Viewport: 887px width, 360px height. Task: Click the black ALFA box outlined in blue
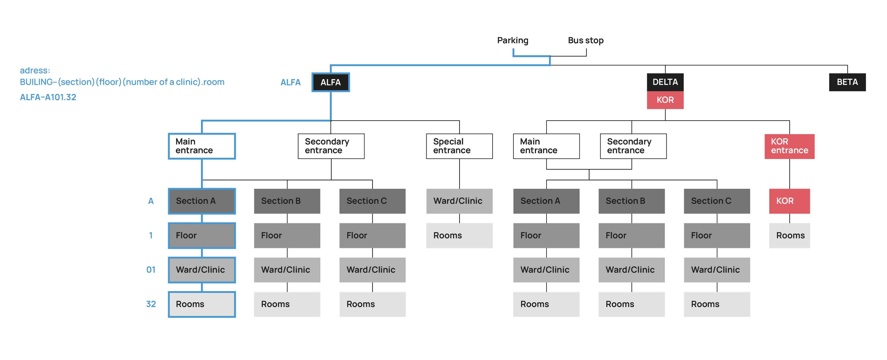[x=330, y=82]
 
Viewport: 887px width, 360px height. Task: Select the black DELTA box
[x=665, y=82]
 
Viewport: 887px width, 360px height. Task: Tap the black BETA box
[x=847, y=82]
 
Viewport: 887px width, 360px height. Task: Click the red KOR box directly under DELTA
[x=665, y=100]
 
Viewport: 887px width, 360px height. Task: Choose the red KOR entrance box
[x=789, y=146]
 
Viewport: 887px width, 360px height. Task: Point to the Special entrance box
[x=459, y=146]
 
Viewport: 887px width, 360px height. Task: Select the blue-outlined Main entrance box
[x=202, y=146]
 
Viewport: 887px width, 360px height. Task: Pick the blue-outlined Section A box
[x=202, y=201]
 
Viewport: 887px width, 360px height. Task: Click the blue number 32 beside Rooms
[x=151, y=304]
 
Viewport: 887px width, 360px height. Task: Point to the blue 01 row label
[x=151, y=270]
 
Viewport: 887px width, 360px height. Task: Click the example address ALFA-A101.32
[x=48, y=97]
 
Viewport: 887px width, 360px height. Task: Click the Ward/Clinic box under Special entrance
[x=459, y=201]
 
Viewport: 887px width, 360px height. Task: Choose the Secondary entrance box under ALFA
[x=331, y=146]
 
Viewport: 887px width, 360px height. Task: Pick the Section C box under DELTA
[x=717, y=201]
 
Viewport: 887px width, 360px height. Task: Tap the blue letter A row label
[x=151, y=201]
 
